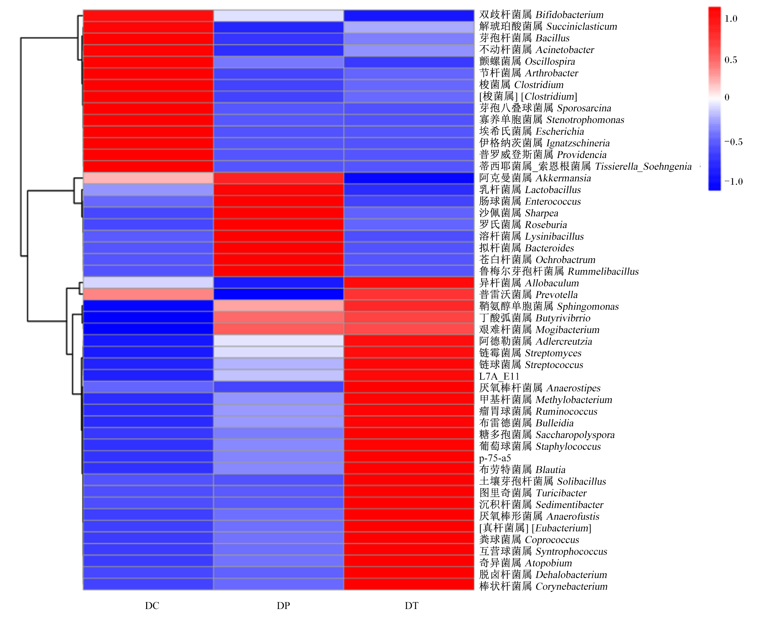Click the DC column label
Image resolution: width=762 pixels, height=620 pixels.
pos(152,605)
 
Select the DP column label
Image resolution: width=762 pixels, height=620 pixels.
pos(283,605)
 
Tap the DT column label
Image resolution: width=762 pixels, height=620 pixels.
pos(411,605)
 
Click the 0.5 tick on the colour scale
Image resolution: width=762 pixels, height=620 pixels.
pos(730,60)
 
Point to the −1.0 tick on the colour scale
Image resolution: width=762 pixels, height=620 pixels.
pos(733,181)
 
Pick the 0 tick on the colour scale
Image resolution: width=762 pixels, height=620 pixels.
pos(727,97)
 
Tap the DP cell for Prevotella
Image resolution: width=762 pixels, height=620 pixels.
pos(279,294)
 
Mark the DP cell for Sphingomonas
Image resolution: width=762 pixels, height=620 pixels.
pos(279,306)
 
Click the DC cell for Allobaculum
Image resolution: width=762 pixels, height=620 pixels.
pos(148,282)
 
